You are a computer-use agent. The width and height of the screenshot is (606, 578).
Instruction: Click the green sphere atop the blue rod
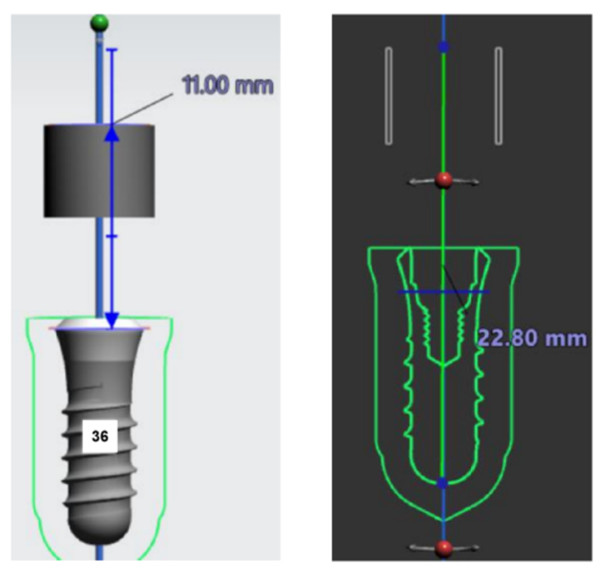tap(99, 23)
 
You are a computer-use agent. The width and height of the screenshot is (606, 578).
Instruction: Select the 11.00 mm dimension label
tap(228, 85)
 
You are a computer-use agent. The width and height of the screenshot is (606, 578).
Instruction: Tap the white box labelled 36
tap(100, 436)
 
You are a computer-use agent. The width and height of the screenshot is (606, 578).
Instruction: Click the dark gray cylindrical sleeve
tap(99, 171)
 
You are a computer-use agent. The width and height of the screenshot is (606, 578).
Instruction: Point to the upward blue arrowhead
tap(112, 134)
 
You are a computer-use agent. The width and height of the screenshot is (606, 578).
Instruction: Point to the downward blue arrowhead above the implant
tap(112, 319)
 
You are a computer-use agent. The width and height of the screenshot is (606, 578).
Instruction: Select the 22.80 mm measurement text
tap(532, 338)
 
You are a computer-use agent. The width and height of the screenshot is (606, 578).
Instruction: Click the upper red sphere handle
tap(444, 180)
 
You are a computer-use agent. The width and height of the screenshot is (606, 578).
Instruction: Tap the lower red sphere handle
tap(443, 548)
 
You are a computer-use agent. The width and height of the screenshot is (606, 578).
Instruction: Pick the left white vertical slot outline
tap(388, 97)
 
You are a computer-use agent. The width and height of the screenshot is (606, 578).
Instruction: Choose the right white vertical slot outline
tap(499, 97)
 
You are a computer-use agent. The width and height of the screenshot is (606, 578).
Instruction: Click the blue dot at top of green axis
tap(443, 48)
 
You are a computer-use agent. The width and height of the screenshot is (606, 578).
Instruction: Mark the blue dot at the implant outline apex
tap(443, 483)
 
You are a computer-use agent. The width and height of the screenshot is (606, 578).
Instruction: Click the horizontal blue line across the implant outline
tap(444, 292)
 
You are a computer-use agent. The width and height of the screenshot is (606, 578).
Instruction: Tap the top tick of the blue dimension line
tap(112, 49)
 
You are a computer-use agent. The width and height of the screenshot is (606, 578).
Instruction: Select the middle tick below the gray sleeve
tap(112, 236)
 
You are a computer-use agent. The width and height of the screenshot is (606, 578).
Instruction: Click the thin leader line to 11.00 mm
tap(143, 109)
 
